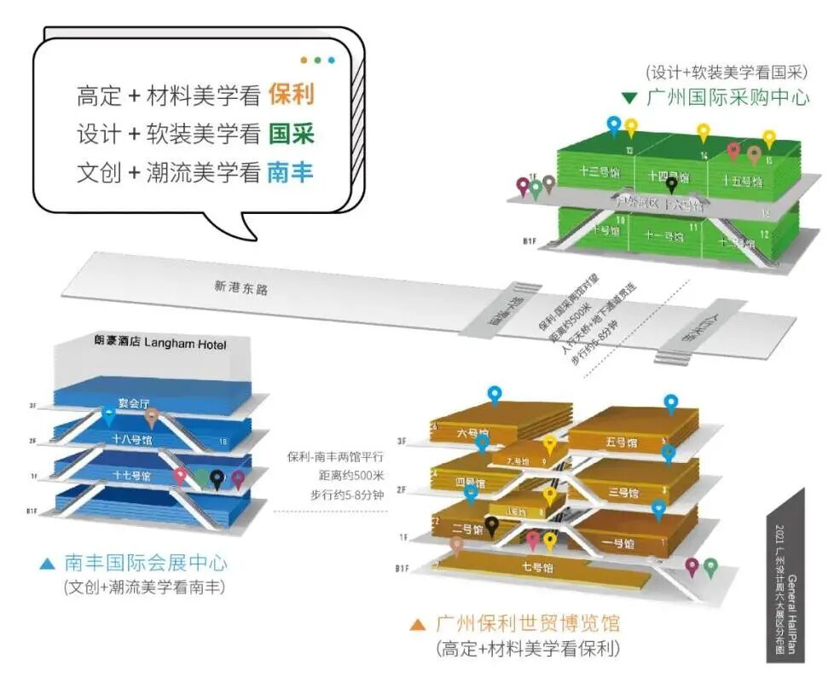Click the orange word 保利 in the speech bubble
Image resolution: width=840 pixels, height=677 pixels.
point(291,94)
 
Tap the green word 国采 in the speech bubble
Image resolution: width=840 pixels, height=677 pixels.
point(291,134)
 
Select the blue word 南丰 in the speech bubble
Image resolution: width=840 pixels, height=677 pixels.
point(290,173)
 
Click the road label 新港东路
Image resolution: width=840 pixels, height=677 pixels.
point(241,288)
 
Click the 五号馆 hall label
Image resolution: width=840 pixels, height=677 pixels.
point(622,443)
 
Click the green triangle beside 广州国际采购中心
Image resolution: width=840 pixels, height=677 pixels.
point(629,97)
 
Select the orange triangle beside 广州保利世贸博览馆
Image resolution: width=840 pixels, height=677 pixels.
point(417,624)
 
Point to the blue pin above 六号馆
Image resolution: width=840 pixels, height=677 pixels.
point(495,394)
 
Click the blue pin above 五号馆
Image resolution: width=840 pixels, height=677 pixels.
point(671,402)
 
